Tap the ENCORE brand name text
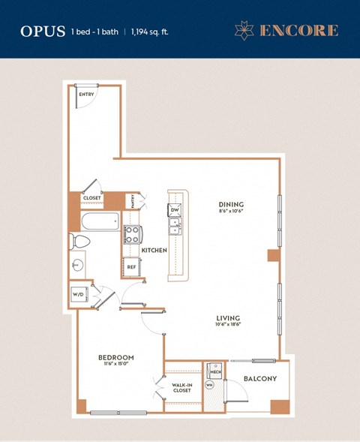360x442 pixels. (x=298, y=31)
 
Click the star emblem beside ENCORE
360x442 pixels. (x=245, y=31)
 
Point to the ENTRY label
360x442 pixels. (x=86, y=95)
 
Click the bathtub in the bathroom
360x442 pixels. (x=100, y=221)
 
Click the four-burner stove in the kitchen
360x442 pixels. (x=131, y=233)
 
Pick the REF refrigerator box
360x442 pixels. (x=130, y=266)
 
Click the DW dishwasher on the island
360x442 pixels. (x=174, y=210)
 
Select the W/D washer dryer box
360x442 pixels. (x=78, y=294)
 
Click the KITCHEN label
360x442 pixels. (x=154, y=250)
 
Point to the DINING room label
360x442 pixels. (x=231, y=204)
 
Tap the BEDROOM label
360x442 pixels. (x=115, y=357)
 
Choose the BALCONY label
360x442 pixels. (x=260, y=379)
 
